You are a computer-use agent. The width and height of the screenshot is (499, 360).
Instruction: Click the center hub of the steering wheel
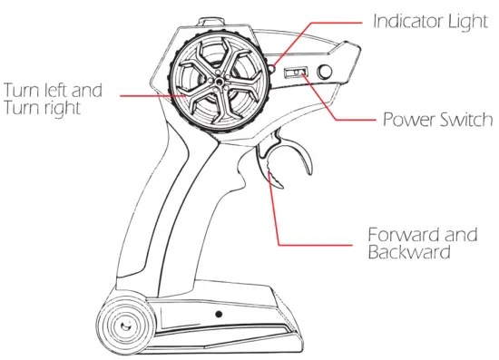coord(218,81)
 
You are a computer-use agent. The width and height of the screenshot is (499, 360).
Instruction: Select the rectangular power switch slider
coord(296,73)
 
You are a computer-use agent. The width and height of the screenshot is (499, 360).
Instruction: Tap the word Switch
coord(464,120)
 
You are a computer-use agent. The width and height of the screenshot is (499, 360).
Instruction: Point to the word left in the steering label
coord(54,91)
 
